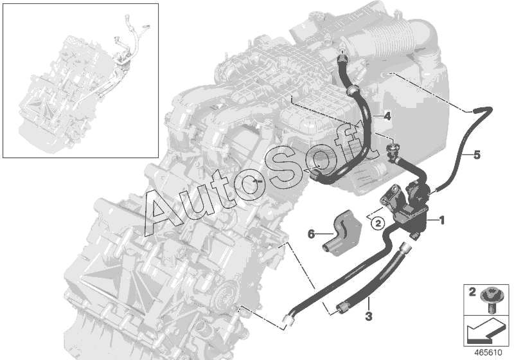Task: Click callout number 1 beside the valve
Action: click(442, 221)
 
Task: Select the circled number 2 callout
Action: click(378, 224)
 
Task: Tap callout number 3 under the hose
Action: click(369, 316)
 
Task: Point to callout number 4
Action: click(387, 116)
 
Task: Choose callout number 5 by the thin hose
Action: click(477, 155)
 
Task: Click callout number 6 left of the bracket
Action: click(311, 234)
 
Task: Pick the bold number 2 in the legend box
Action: click(472, 292)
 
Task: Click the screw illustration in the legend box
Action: click(489, 300)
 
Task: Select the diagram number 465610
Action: click(488, 353)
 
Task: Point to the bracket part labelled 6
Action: click(341, 232)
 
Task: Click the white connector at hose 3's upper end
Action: click(405, 248)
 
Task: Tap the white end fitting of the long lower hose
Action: click(288, 319)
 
